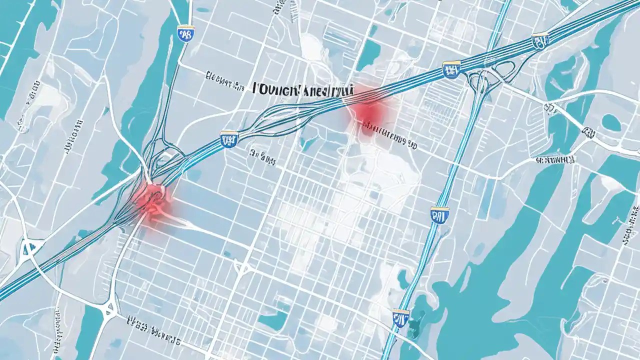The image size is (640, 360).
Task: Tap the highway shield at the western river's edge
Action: pyautogui.click(x=186, y=34)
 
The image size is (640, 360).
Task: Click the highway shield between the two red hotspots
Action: pyautogui.click(x=229, y=138)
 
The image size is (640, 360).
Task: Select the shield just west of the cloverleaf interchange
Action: pyautogui.click(x=451, y=69)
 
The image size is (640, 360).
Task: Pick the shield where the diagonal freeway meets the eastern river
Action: pyautogui.click(x=540, y=40)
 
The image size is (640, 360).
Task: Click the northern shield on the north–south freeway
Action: pyautogui.click(x=439, y=215)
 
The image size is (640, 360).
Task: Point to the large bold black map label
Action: pyautogui.click(x=303, y=89)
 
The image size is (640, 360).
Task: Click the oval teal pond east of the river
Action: pyautogui.click(x=611, y=122)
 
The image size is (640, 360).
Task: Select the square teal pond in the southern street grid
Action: pyautogui.click(x=273, y=320)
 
